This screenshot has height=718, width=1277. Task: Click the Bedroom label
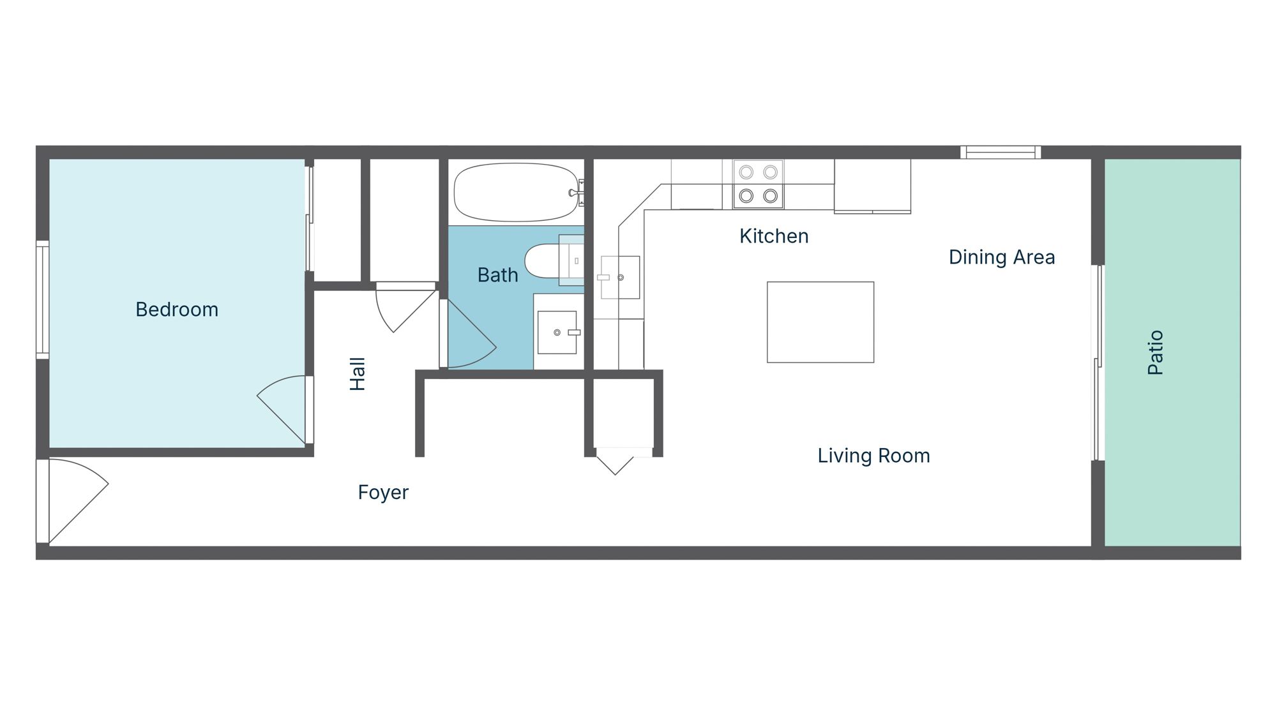[177, 310]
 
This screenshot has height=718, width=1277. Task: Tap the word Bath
[497, 275]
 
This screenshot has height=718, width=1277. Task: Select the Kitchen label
[774, 236]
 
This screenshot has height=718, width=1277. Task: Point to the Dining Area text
[1001, 257]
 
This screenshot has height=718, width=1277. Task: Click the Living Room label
[873, 456]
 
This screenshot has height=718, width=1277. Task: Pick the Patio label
[1156, 352]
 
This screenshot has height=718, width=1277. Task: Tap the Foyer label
[383, 492]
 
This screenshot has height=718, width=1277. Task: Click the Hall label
[358, 373]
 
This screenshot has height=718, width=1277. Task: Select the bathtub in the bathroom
[516, 192]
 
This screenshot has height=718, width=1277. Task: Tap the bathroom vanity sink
[557, 333]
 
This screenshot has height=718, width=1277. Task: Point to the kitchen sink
[620, 278]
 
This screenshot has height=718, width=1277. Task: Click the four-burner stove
[758, 184]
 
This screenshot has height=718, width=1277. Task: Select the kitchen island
[820, 322]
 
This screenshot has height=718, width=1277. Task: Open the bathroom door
[469, 338]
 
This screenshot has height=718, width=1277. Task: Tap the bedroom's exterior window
[42, 299]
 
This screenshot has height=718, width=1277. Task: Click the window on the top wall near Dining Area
[1001, 152]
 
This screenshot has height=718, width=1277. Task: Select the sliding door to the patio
[1099, 363]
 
